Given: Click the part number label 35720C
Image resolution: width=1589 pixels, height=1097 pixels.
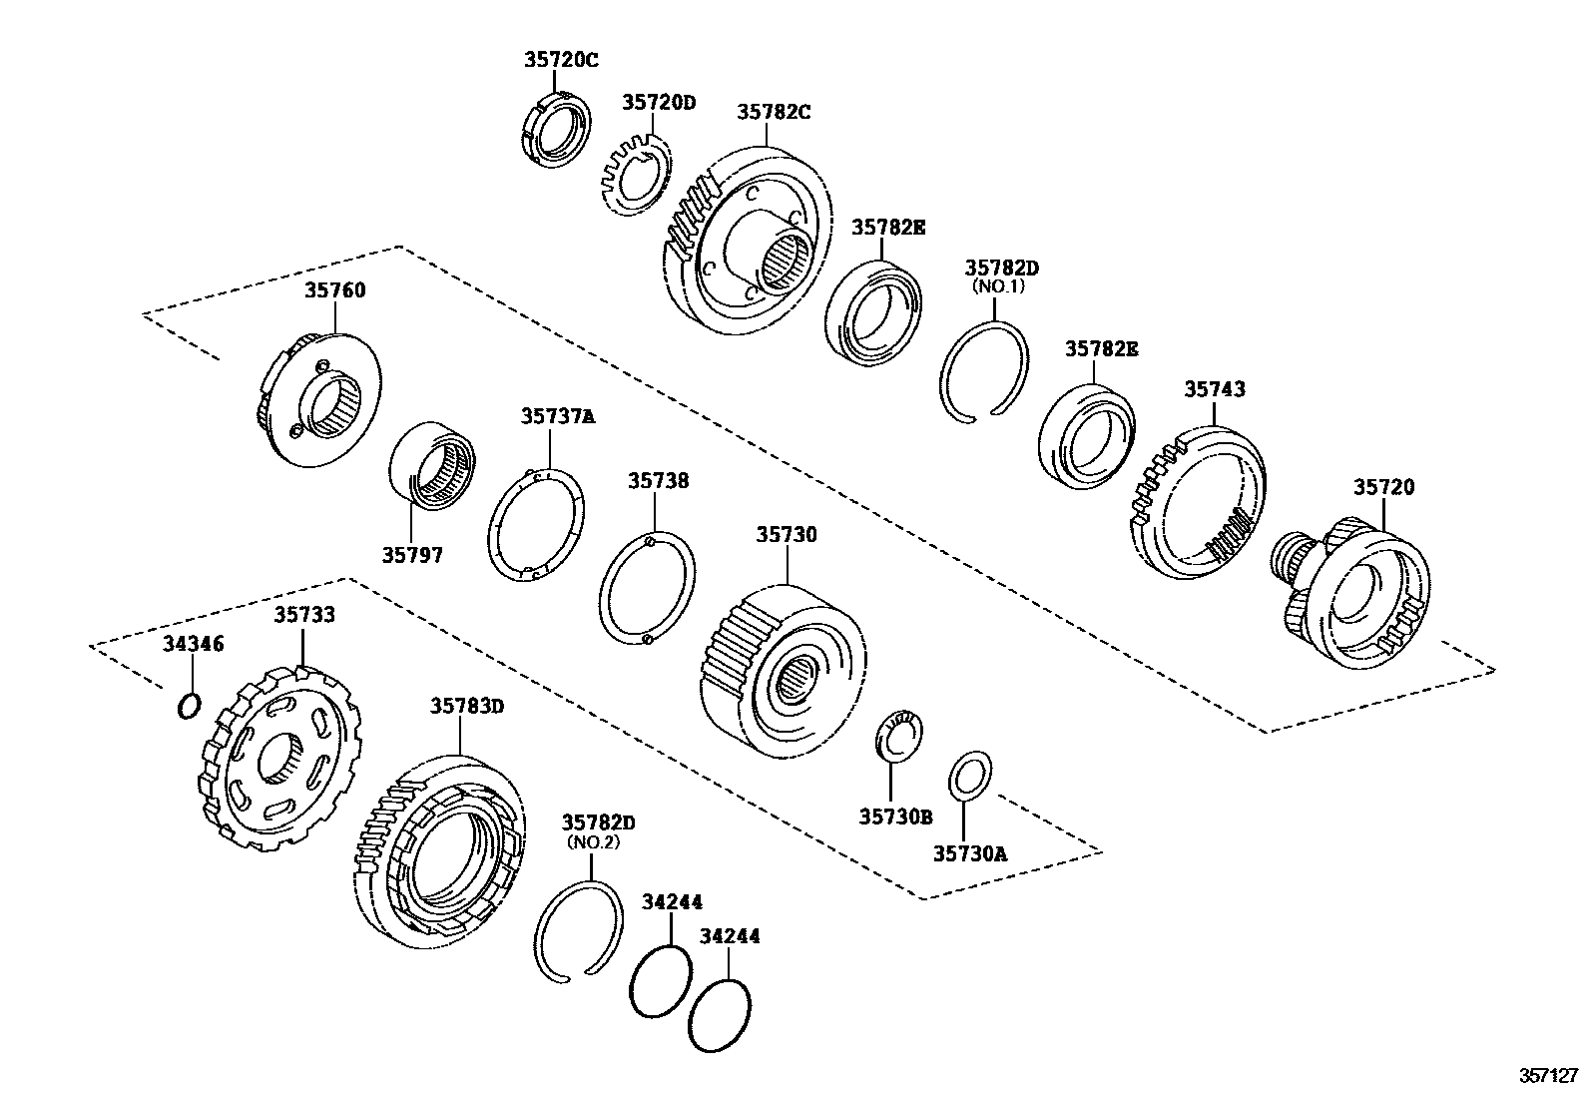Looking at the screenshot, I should tap(561, 60).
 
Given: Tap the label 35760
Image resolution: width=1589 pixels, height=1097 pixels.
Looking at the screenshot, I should tap(334, 290).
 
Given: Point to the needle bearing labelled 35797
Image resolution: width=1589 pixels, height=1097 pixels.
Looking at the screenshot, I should tap(431, 467).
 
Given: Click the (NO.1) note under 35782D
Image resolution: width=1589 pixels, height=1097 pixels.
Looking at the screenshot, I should tap(1000, 286).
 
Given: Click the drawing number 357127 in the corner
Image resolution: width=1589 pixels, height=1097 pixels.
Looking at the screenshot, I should tap(1548, 1075).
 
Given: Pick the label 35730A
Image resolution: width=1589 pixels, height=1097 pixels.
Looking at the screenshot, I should tap(970, 853).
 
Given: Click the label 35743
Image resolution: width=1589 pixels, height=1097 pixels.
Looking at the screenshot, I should tap(1214, 389).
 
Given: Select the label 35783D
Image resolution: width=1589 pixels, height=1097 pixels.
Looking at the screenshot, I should tap(467, 706).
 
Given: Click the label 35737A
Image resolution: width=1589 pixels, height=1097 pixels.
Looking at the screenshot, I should tap(557, 416).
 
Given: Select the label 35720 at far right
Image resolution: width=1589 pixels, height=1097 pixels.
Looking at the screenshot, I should tap(1382, 487).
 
